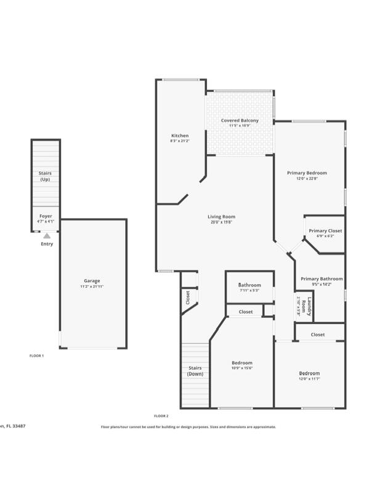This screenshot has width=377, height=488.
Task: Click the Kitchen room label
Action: pos(180,136)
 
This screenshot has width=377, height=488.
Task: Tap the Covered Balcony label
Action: pos(240,120)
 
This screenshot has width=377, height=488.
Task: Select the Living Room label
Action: pos(221,216)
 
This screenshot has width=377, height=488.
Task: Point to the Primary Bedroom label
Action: pos(307,173)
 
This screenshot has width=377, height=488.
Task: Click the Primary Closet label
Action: pos(325,230)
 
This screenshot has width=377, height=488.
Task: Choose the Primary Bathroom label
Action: pos(322,279)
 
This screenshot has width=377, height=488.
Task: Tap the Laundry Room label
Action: pos(310,306)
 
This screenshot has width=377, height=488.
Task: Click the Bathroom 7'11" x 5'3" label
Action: pos(249,285)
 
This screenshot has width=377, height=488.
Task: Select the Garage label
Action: pos(92,281)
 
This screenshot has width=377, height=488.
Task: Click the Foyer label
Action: pos(46,216)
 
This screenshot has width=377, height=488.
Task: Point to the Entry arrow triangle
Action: pos(47,235)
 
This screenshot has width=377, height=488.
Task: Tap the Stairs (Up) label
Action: pos(45,176)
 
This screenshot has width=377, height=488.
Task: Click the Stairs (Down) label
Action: pos(195,371)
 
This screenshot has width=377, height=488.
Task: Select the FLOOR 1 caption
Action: pos(37,356)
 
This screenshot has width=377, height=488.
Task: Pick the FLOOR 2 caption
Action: pos(161,416)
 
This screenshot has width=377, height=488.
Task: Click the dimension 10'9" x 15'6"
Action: pos(242,368)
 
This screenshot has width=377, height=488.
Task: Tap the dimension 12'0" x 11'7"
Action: pos(309,379)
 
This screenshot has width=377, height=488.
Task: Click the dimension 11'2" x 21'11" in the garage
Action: pos(92,287)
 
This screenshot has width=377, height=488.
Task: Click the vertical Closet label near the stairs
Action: pos(188,297)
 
